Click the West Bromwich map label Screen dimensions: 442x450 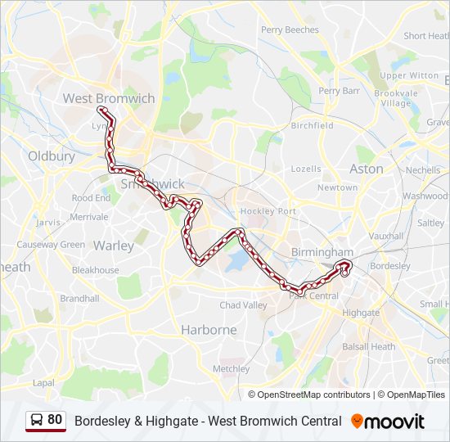(109, 98)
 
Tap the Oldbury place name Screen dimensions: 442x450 (51, 156)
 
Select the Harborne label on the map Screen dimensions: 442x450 (209, 330)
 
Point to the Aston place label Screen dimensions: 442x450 (366, 169)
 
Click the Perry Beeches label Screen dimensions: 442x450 (290, 29)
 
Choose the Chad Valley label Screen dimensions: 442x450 (243, 305)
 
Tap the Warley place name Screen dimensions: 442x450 (114, 246)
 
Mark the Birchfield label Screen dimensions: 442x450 (312, 126)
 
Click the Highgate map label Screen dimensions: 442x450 (361, 313)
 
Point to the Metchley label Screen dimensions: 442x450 (231, 369)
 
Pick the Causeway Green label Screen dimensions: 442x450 (51, 245)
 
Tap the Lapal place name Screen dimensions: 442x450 (43, 382)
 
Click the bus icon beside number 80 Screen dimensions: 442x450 (37, 421)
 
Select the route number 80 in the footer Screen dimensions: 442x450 (55, 420)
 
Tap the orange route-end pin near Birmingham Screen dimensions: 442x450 (345, 265)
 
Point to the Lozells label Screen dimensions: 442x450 (306, 169)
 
